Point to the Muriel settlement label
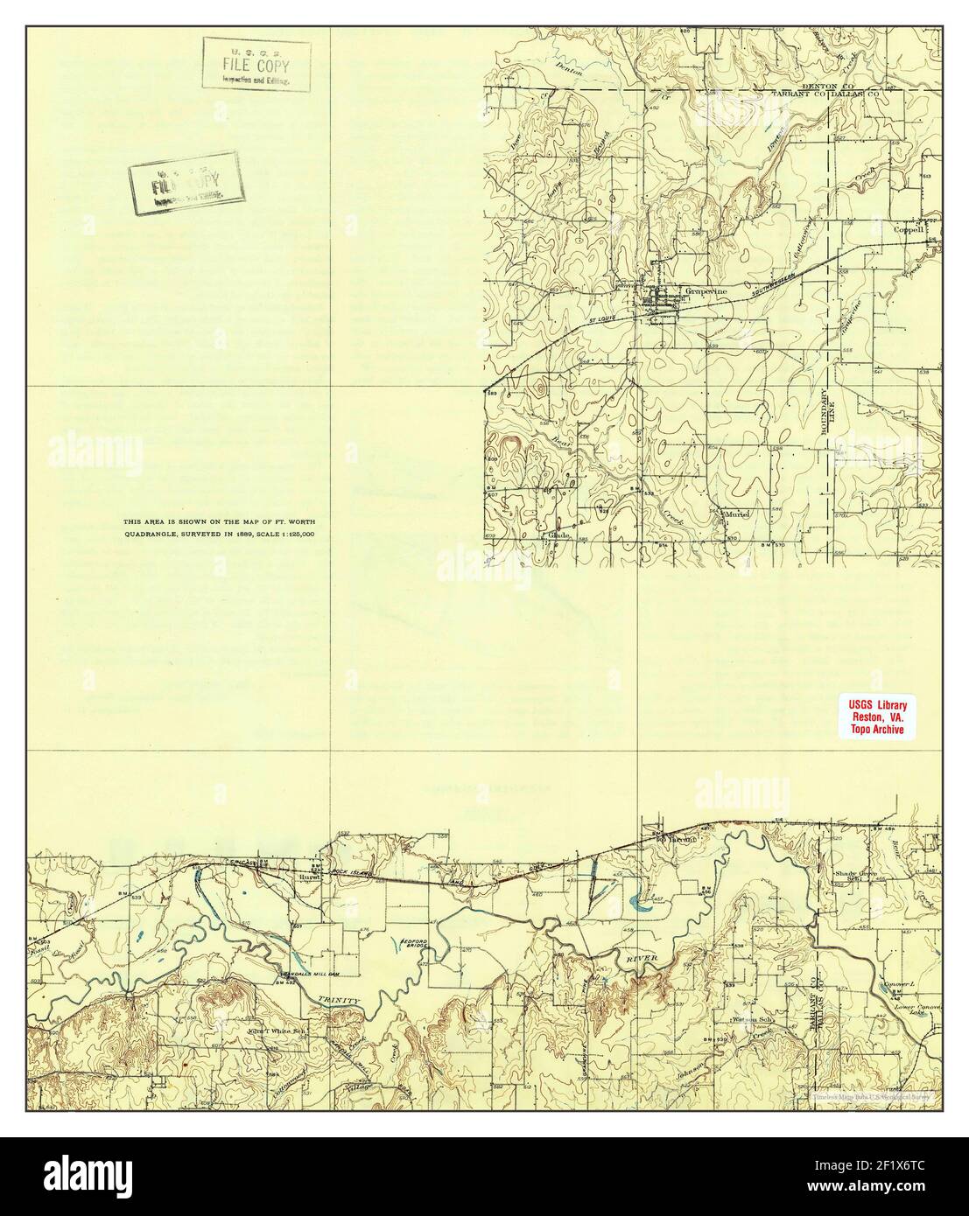[x=738, y=515]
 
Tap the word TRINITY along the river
[x=339, y=999]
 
